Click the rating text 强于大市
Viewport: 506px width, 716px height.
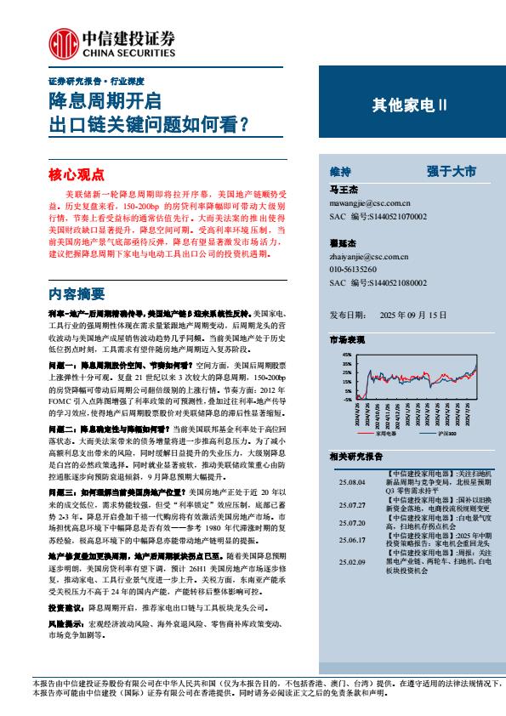(452, 171)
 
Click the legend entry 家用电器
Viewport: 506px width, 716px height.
(386, 433)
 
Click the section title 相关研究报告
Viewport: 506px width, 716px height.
(360, 457)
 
